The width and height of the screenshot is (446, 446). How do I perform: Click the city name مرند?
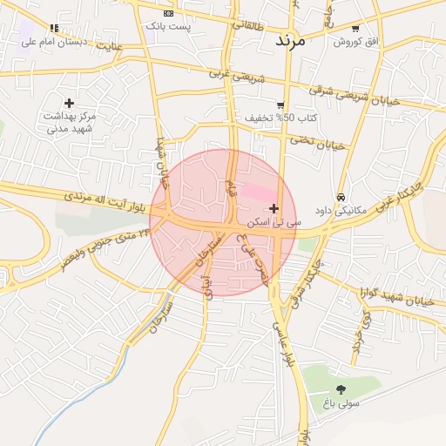[x=290, y=41]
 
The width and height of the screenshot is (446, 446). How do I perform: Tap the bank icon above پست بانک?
[x=168, y=13]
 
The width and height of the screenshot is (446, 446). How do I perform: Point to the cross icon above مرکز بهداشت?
[x=69, y=103]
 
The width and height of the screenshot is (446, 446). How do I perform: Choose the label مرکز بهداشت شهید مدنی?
[x=70, y=122]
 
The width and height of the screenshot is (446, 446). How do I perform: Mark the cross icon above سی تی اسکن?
[x=274, y=208]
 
